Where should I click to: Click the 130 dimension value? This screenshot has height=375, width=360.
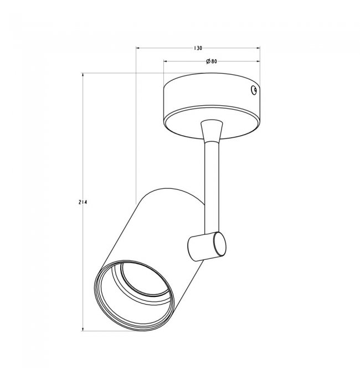(198, 48)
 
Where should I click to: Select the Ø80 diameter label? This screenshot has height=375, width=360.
(212, 61)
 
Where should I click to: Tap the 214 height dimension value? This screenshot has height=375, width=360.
(83, 202)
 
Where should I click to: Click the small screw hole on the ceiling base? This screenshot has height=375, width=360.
(254, 90)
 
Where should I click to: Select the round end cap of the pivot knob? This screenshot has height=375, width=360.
(219, 244)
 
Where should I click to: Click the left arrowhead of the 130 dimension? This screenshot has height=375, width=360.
(138, 48)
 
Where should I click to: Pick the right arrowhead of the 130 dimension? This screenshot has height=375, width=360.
(258, 48)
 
